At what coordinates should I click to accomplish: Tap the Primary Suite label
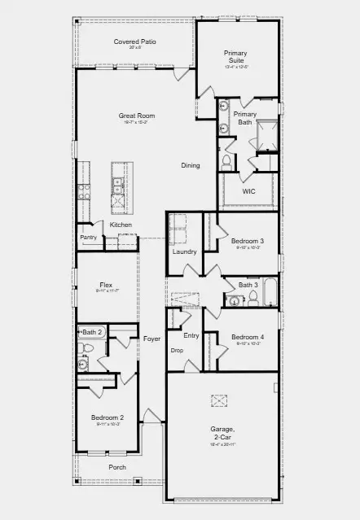click(x=236, y=56)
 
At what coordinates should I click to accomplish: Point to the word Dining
click(x=191, y=165)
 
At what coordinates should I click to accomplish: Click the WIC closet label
click(x=249, y=191)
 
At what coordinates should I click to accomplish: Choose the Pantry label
click(x=88, y=237)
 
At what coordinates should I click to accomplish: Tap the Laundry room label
click(x=184, y=251)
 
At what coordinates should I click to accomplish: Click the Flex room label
click(x=106, y=285)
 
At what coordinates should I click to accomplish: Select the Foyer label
click(x=151, y=338)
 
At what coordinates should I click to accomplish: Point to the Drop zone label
click(x=176, y=351)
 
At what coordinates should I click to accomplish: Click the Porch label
click(x=118, y=467)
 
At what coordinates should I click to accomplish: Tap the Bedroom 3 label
click(x=247, y=241)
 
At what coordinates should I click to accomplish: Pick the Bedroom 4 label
click(x=247, y=337)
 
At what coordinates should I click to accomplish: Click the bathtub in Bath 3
click(x=270, y=297)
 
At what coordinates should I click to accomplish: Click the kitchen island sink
click(x=118, y=192)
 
